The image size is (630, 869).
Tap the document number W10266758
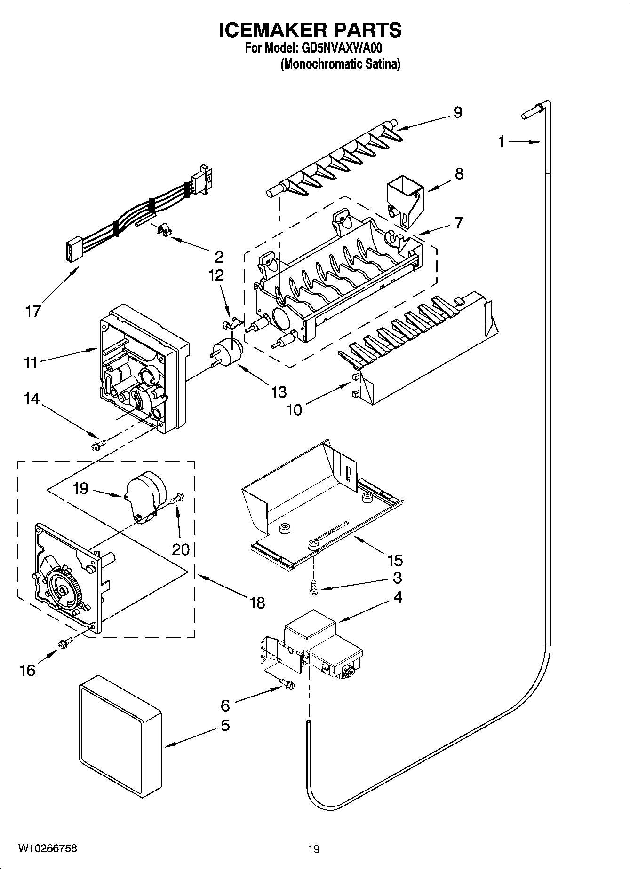(48, 848)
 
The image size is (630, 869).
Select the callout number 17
(33, 311)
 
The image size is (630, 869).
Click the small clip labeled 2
(163, 230)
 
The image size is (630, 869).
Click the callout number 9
(457, 112)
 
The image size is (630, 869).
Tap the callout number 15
(395, 560)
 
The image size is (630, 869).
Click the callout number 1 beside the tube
(502, 141)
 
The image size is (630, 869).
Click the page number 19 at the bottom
(314, 849)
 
